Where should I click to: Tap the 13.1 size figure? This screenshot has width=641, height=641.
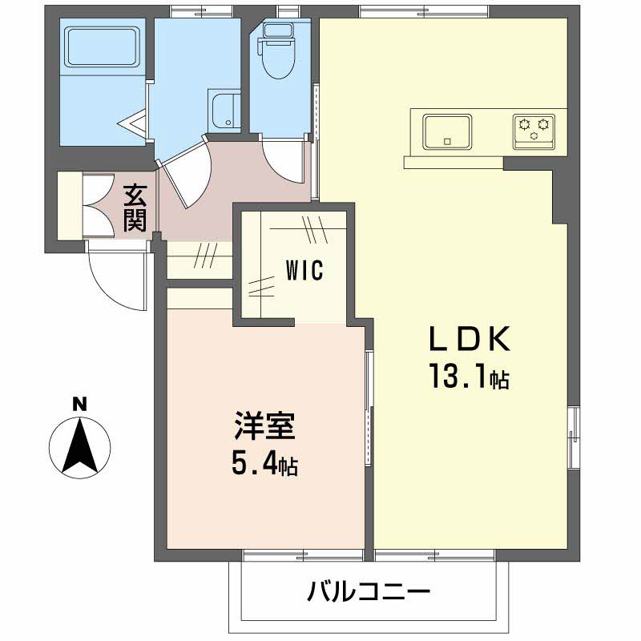click(x=470, y=377)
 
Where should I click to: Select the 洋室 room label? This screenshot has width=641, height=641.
click(x=265, y=426)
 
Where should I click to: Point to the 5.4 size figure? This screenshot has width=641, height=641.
click(x=265, y=463)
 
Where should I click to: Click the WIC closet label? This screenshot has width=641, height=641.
click(x=304, y=271)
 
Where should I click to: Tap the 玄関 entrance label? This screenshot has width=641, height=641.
click(x=135, y=208)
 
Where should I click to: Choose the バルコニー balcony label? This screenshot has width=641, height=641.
click(x=369, y=593)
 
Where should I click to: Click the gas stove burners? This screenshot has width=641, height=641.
click(x=534, y=128)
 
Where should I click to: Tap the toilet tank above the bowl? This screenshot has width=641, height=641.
click(x=278, y=31)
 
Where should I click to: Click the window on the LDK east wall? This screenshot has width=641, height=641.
click(x=572, y=437)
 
